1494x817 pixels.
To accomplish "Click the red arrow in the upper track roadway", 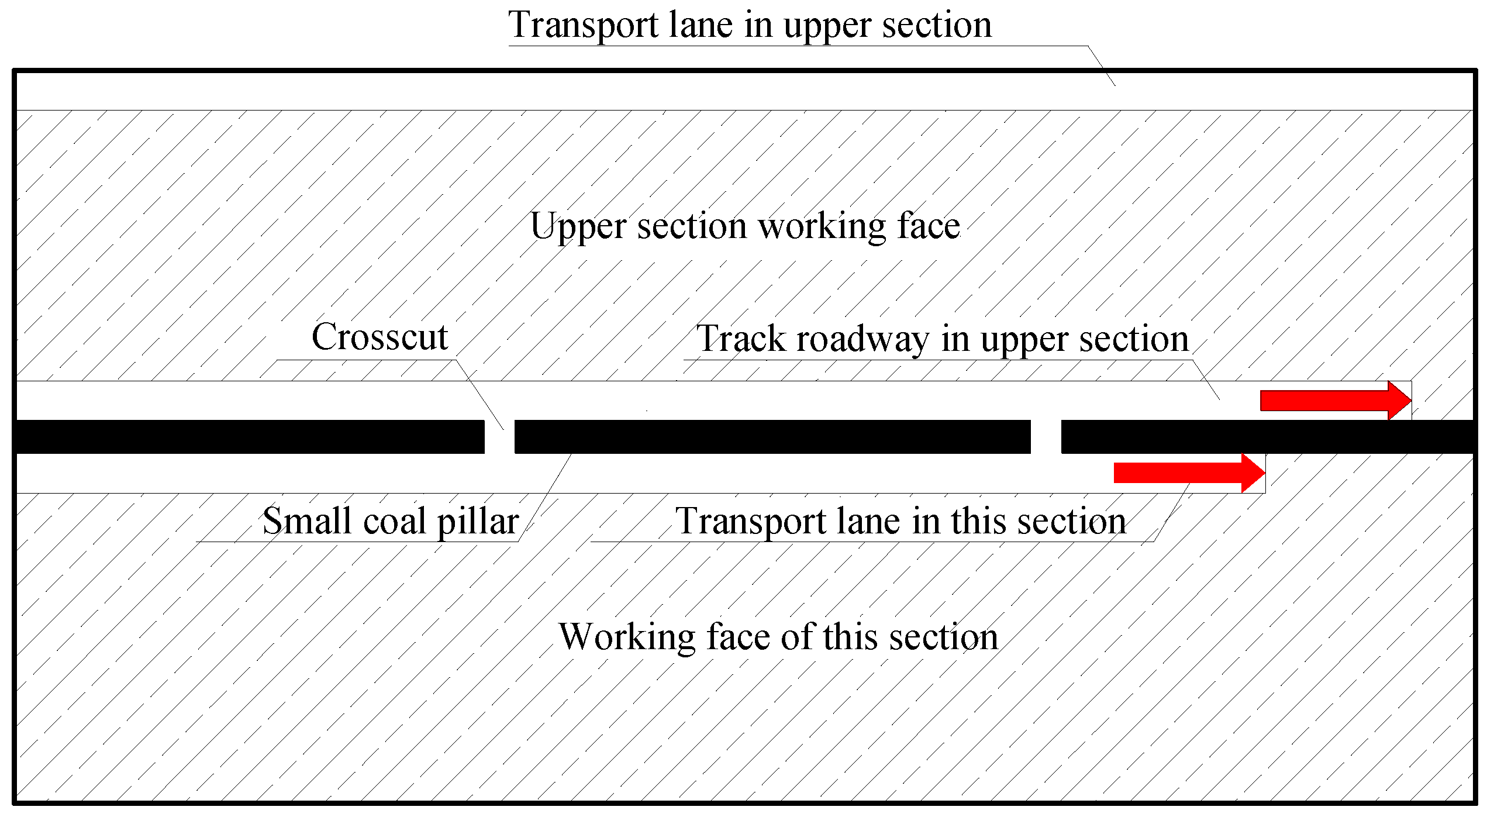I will point(1333,401).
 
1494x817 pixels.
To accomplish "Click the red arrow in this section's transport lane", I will point(1187,473).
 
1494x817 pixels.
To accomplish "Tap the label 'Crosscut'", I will point(379,337).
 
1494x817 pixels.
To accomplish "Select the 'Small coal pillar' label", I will point(390,520).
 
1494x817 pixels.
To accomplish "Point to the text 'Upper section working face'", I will point(745,226).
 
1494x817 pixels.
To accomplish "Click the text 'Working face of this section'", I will point(778,636).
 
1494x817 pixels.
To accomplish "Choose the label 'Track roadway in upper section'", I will point(943,339).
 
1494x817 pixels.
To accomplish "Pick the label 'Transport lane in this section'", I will point(900,520).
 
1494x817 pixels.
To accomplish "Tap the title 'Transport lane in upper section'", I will point(750,25).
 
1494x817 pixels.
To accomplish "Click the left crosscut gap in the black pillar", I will point(499,437).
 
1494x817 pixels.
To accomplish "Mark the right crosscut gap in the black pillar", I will point(1046,437).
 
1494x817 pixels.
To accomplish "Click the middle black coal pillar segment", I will point(772,437).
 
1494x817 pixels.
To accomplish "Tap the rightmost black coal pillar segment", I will point(1268,437).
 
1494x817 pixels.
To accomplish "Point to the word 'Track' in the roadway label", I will point(741,339).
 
